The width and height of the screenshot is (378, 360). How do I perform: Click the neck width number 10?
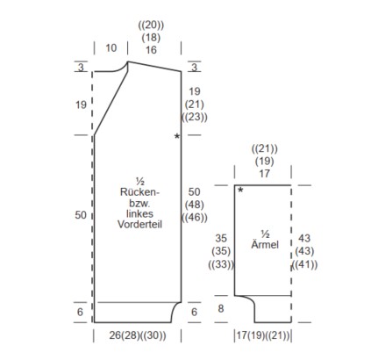[x=111, y=48]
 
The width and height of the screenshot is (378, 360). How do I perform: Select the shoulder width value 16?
[x=151, y=50]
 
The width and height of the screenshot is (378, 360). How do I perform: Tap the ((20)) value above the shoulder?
[x=151, y=25]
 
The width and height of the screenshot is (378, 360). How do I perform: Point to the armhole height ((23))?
[x=195, y=117]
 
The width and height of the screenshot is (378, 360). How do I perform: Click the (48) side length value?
[x=195, y=205]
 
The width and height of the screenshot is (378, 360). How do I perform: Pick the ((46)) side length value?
[x=195, y=218]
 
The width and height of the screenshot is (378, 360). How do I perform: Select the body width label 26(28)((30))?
[x=138, y=335]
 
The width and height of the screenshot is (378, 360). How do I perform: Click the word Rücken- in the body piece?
[x=139, y=192]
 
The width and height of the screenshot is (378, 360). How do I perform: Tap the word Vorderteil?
[x=139, y=224]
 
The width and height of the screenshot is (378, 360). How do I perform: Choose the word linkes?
[x=139, y=213]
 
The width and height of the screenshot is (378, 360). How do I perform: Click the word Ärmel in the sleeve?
[x=265, y=244]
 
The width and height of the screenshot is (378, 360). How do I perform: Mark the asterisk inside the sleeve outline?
[x=240, y=191]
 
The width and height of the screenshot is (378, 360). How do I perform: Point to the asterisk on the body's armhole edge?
[x=177, y=136]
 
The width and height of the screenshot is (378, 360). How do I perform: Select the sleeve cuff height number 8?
[x=221, y=308]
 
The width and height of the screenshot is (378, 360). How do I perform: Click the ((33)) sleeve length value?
[x=221, y=264]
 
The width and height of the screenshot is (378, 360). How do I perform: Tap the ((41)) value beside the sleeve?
[x=304, y=264]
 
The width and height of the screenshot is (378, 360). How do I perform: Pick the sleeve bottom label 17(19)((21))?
[x=263, y=335]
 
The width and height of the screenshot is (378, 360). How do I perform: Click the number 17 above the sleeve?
[x=264, y=174]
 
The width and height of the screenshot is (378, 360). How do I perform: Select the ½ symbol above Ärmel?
[x=265, y=234]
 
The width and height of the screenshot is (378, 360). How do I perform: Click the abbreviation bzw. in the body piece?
[x=139, y=203]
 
